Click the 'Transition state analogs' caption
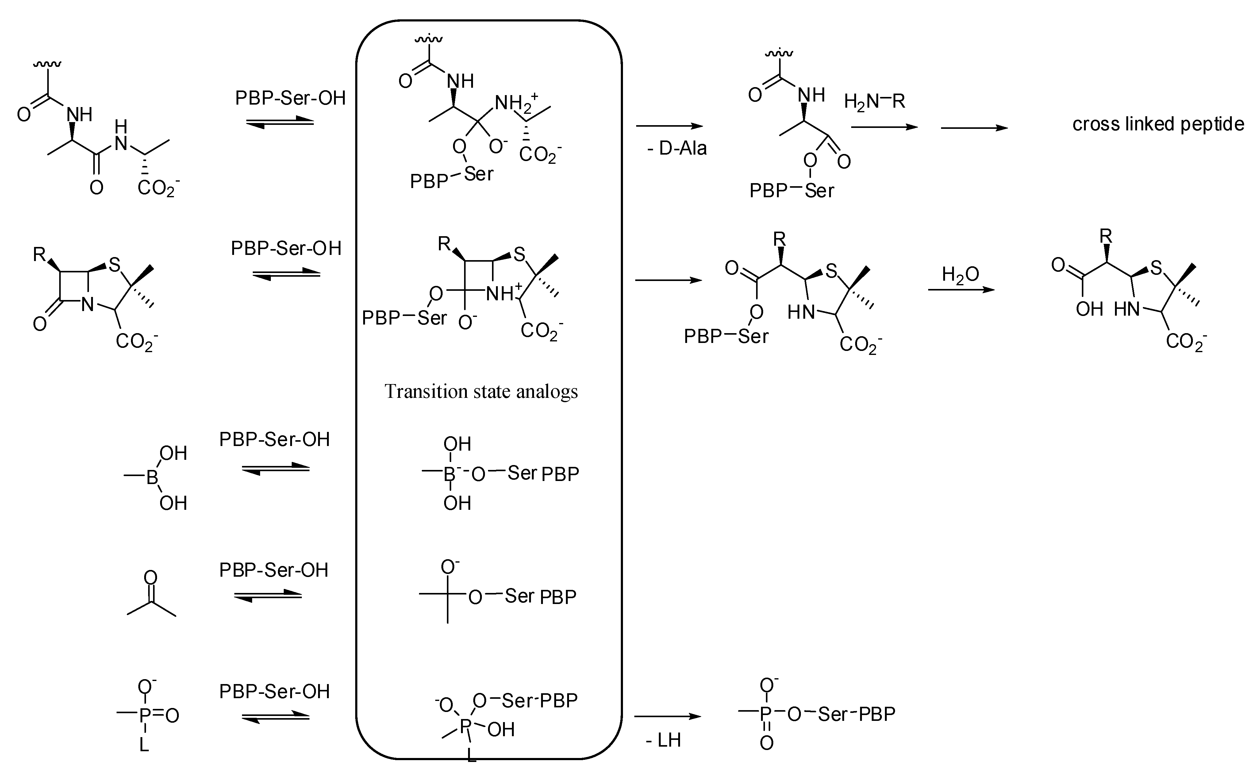pos(481,392)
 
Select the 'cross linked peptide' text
pos(1158,124)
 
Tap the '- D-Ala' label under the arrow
pos(677,148)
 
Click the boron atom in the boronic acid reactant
pos(152,477)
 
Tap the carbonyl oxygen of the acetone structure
pos(151,577)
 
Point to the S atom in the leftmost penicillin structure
pos(114,265)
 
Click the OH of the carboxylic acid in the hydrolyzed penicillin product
pos(1089,309)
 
